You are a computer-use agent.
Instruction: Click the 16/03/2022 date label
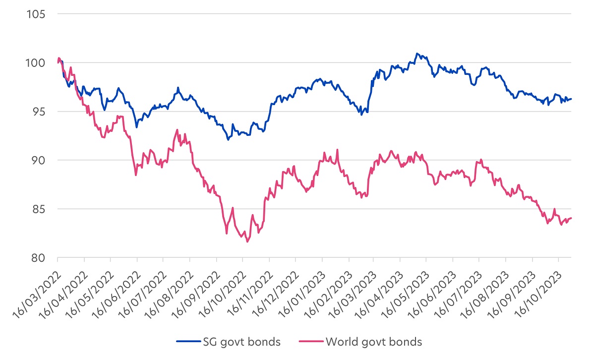40,284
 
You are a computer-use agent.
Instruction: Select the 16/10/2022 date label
225,284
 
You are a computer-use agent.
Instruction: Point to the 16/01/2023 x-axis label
303,284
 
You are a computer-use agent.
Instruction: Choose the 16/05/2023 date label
409,284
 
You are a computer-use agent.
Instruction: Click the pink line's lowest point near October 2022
247,241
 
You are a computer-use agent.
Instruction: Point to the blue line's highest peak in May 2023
417,54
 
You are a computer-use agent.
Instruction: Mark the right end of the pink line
571,218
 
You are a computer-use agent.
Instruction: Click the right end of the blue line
571,99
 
